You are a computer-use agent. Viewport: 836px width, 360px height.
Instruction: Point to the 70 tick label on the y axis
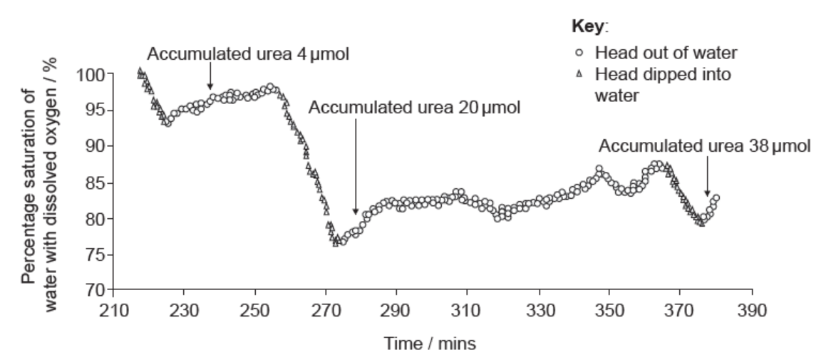point(96,290)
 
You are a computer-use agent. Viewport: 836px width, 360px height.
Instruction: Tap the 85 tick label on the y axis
point(96,182)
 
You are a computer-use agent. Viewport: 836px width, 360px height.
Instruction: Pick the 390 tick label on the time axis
point(751,312)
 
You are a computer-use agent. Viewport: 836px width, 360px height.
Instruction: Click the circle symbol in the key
point(580,53)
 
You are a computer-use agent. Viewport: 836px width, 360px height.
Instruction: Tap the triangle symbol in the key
point(580,74)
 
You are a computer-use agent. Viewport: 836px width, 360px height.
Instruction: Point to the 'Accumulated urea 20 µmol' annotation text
point(415,108)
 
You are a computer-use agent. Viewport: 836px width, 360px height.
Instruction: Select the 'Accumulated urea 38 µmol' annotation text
point(704,146)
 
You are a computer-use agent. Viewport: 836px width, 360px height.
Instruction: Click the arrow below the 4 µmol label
point(210,76)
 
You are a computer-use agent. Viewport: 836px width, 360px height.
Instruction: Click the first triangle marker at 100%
point(140,71)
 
